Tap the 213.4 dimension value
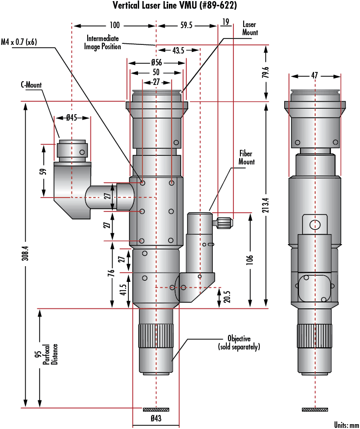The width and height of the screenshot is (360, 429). (x=264, y=205)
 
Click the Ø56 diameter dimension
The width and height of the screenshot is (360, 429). (x=156, y=62)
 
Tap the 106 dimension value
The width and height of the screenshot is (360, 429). (x=250, y=260)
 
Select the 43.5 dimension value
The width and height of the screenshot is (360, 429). (x=178, y=50)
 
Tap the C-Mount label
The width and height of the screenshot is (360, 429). (x=31, y=85)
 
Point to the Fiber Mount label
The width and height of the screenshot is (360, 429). (x=246, y=158)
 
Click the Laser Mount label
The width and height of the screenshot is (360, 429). (x=250, y=29)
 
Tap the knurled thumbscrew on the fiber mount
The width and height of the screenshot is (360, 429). (x=224, y=222)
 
